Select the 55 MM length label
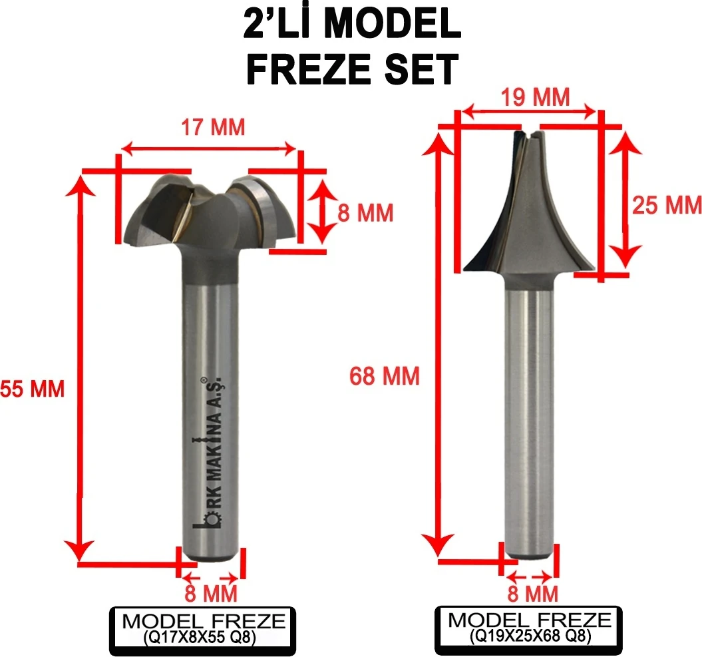(32, 389)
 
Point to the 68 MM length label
(385, 377)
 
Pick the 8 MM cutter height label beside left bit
(365, 213)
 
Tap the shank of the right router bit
(530, 419)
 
